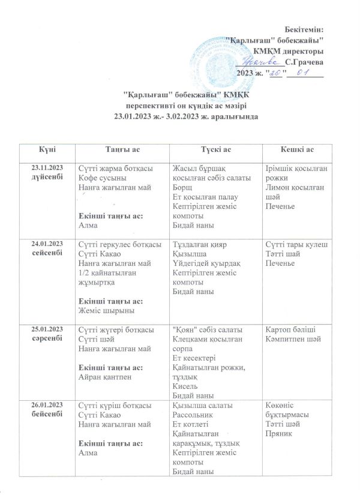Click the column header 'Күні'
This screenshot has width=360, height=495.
point(48,148)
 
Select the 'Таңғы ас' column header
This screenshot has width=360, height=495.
point(122,148)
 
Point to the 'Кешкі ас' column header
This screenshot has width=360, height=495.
point(298,148)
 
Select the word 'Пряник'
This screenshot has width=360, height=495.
point(278,435)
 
